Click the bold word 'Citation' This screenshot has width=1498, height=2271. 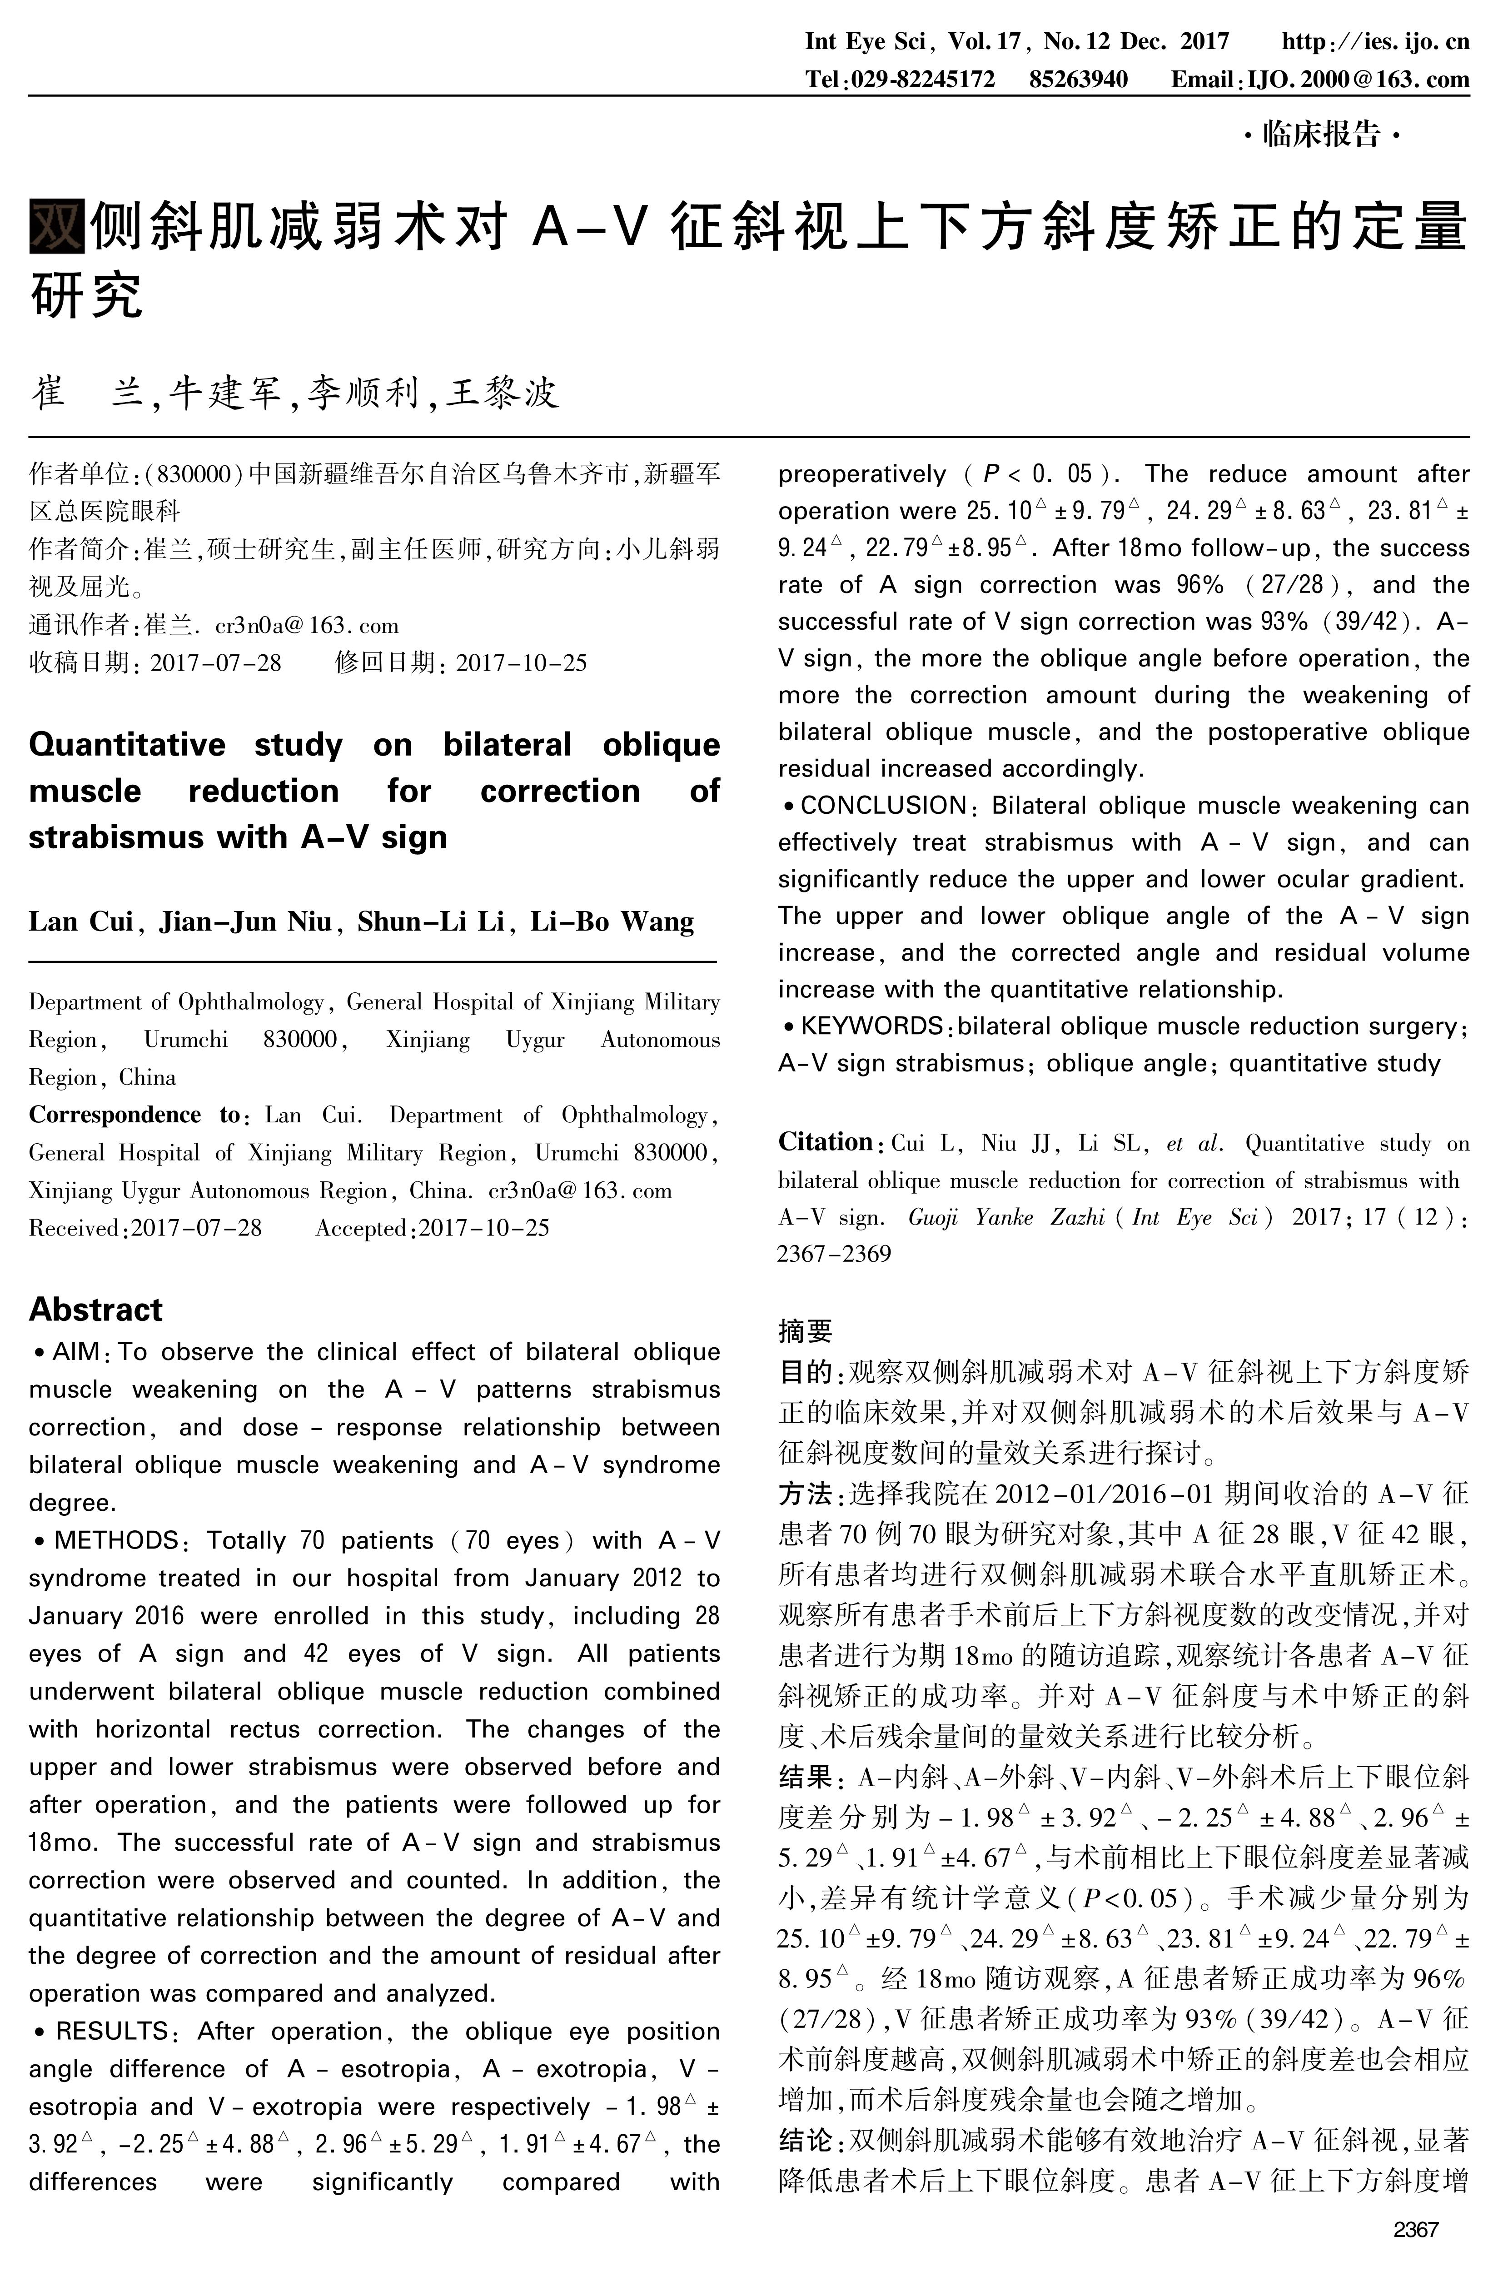pyautogui.click(x=825, y=1142)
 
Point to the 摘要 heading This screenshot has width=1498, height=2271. pyautogui.click(x=804, y=1330)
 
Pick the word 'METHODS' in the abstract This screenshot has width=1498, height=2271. pyautogui.click(x=115, y=1540)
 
